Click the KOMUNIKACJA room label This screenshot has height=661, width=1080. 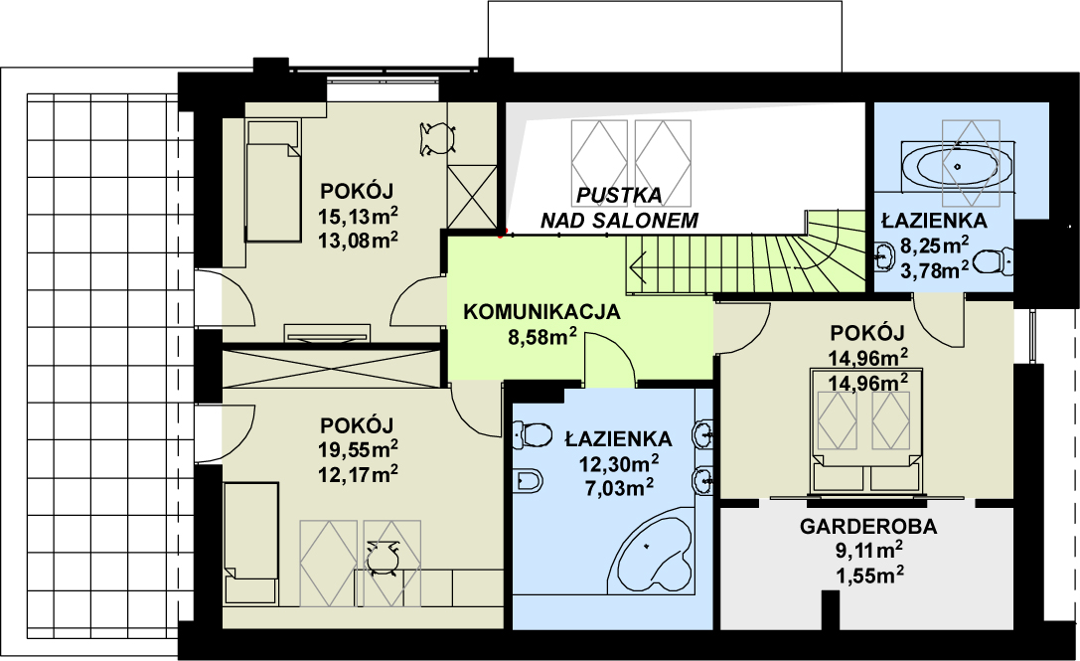pyautogui.click(x=541, y=311)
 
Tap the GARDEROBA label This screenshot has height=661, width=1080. pyautogui.click(x=868, y=528)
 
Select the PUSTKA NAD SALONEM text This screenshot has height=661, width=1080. pyautogui.click(x=619, y=207)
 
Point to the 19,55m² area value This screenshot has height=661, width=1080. pyautogui.click(x=359, y=449)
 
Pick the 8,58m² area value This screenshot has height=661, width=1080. pyautogui.click(x=542, y=337)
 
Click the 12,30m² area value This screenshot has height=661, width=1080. pyautogui.click(x=618, y=462)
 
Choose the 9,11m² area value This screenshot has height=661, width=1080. pyautogui.click(x=868, y=551)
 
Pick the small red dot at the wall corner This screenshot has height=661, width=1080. pyautogui.click(x=501, y=234)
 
